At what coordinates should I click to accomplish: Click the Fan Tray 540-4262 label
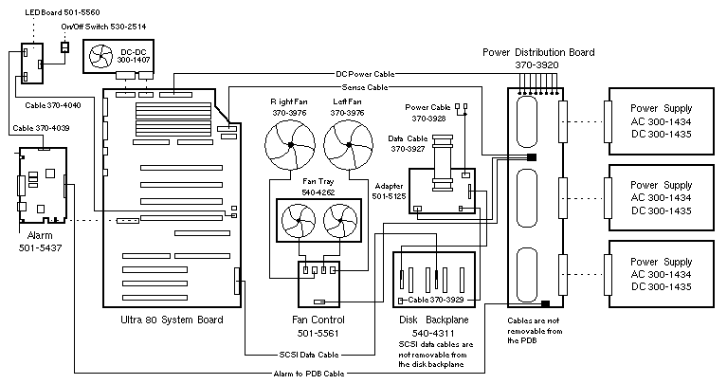317,187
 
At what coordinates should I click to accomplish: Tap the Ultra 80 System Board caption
167,320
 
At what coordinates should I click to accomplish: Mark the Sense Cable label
365,87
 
